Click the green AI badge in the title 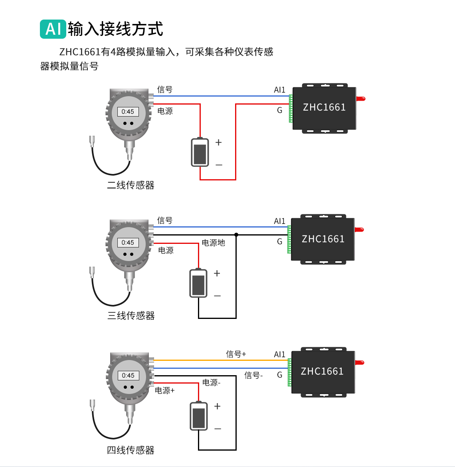53,29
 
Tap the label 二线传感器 131,185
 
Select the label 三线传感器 131,316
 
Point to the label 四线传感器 131,450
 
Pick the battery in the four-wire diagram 199,416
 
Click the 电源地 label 213,243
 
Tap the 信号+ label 236,354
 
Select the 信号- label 253,375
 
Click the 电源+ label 165,390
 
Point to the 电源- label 211,382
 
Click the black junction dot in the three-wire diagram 236,235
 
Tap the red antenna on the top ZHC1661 361,99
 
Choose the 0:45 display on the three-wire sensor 128,243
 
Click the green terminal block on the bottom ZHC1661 289,372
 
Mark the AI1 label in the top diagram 279,90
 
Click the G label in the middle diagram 279,241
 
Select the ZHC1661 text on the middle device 323,239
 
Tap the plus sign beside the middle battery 217,273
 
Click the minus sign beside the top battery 219,165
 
